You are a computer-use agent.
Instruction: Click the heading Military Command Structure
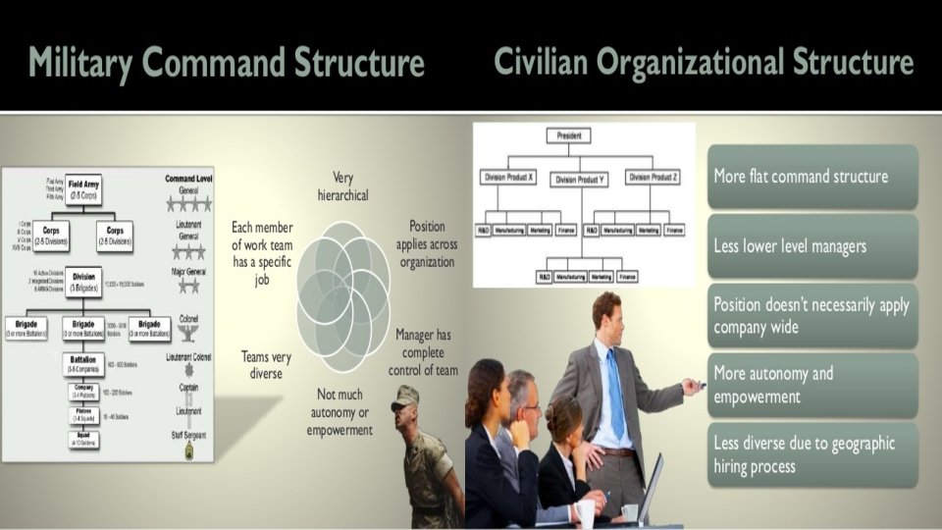click(227, 63)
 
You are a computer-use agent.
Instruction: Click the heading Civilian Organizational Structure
click(704, 63)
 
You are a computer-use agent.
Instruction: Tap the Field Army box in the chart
click(83, 188)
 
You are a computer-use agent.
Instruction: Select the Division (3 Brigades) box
click(83, 282)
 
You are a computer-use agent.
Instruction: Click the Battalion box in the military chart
click(83, 364)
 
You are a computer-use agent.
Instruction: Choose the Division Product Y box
click(580, 179)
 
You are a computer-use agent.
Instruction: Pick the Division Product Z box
click(653, 178)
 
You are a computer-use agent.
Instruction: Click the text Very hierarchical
click(343, 186)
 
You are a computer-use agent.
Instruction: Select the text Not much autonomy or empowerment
click(340, 411)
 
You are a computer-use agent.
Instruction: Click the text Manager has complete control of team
click(424, 352)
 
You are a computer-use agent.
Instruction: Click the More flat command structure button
click(811, 177)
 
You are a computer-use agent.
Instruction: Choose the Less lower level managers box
click(811, 246)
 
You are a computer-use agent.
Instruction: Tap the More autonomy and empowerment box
click(811, 385)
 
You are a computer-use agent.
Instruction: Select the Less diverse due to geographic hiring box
click(811, 454)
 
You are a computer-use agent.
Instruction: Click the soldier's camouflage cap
click(404, 397)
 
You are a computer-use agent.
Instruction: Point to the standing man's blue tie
click(615, 393)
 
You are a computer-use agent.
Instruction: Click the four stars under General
click(189, 204)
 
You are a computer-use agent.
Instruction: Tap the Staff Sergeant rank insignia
click(189, 450)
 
